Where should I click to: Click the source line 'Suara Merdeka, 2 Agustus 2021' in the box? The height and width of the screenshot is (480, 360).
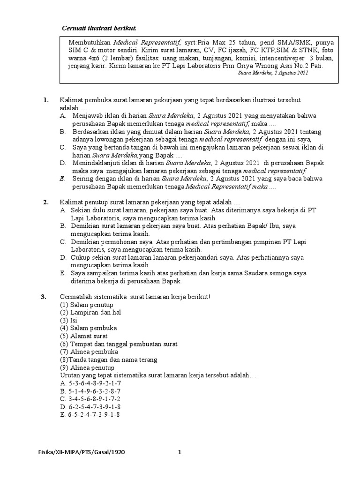pyautogui.click(x=273, y=74)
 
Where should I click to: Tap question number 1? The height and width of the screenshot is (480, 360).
pyautogui.click(x=45, y=100)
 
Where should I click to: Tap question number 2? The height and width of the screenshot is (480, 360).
pyautogui.click(x=45, y=202)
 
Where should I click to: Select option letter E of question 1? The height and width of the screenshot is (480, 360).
pyautogui.click(x=62, y=179)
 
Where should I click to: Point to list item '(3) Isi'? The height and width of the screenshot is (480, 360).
pyautogui.click(x=68, y=320)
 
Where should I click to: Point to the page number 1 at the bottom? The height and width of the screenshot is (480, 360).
pyautogui.click(x=179, y=452)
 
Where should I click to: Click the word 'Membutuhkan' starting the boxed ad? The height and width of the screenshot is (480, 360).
pyautogui.click(x=87, y=42)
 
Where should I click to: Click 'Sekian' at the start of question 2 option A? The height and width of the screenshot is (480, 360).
pyautogui.click(x=81, y=210)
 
